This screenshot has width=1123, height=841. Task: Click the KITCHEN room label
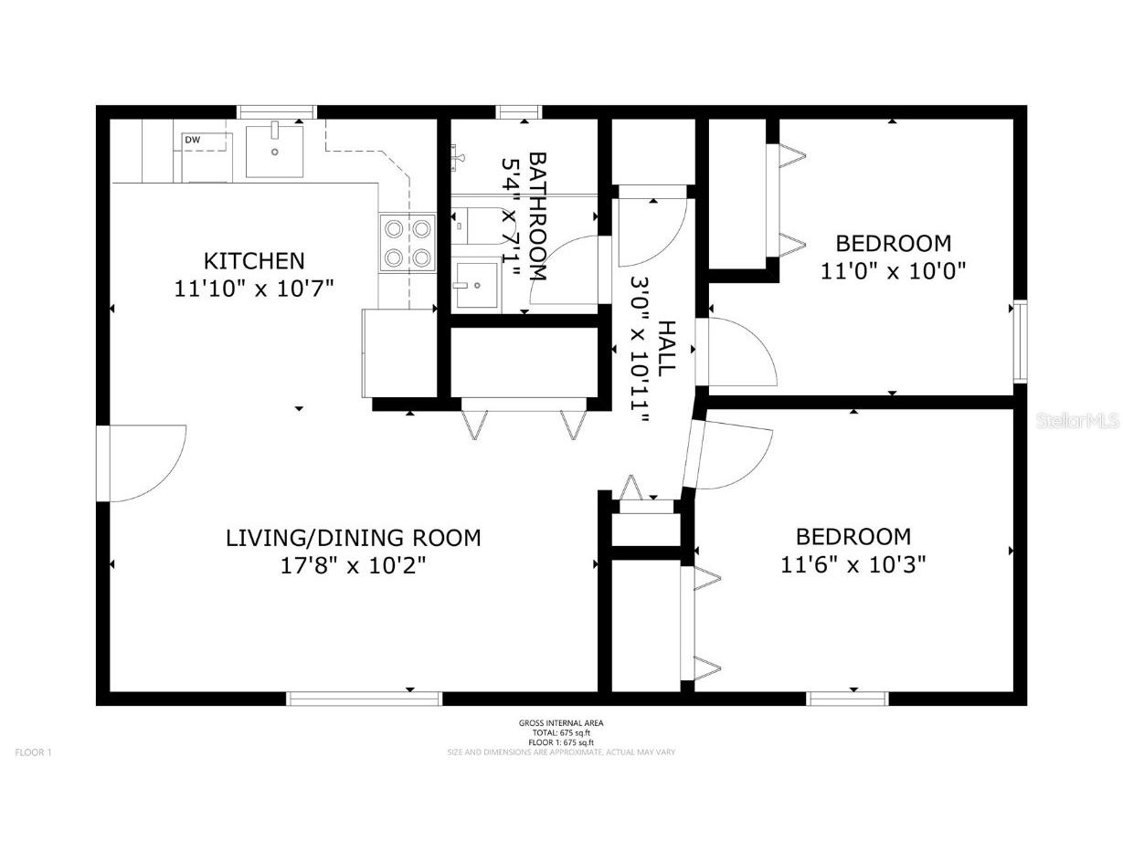253,260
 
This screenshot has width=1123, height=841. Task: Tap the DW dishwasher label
193,140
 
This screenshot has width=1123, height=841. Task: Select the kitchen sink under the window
274,151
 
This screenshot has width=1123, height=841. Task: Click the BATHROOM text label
538,216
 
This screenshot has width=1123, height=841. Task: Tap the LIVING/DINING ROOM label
353,538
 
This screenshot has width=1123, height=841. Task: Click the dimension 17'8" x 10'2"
353,565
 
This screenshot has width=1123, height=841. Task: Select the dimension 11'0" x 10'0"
893,271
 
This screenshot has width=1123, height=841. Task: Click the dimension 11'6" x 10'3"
853,564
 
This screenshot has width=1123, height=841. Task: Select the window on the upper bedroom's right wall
1020,340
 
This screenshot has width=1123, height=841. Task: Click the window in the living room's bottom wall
365,699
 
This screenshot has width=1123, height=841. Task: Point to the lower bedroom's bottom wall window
847,699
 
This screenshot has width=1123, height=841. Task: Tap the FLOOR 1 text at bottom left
34,752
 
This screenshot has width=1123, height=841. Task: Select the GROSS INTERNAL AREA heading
561,723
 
